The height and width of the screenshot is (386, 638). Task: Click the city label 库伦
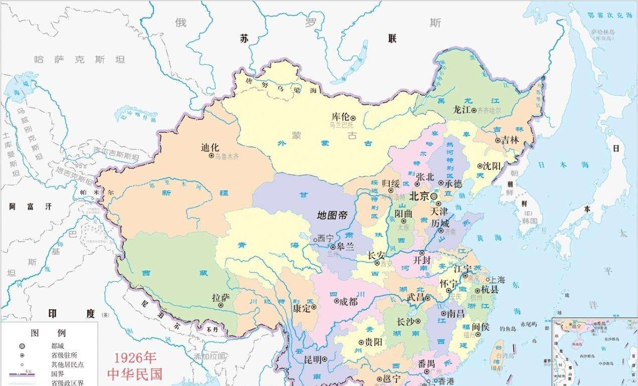(x=340, y=116)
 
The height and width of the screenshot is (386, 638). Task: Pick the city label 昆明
(x=312, y=359)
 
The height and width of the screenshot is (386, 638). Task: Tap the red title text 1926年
(x=135, y=357)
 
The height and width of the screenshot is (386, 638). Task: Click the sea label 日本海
(x=556, y=164)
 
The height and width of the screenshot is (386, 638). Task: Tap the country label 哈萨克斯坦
(x=79, y=59)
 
